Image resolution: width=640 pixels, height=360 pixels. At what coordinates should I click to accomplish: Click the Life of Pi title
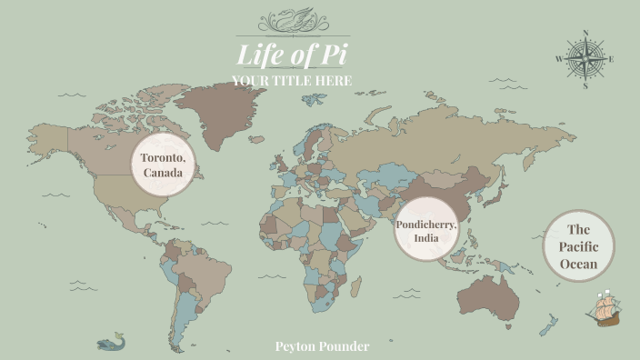click(x=292, y=55)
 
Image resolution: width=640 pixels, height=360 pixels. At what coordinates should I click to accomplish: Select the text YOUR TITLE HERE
click(x=292, y=82)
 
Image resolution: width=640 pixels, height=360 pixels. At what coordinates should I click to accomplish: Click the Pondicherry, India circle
click(x=426, y=230)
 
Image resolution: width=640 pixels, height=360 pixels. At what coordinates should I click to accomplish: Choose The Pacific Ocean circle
click(x=579, y=246)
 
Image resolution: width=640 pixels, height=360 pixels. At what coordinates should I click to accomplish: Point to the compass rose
click(x=585, y=60)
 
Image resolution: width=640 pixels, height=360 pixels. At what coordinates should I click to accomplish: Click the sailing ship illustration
click(x=603, y=310)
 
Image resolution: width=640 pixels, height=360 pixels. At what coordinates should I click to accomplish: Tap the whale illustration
click(x=111, y=342)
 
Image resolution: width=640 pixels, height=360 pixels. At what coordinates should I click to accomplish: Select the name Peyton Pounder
click(x=322, y=346)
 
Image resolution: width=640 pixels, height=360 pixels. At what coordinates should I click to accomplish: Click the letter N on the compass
click(x=585, y=34)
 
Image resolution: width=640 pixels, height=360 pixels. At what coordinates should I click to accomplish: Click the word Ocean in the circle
click(x=579, y=265)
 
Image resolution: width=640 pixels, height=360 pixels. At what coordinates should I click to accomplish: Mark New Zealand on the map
click(x=548, y=325)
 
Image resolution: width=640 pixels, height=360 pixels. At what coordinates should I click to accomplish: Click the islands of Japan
click(x=497, y=194)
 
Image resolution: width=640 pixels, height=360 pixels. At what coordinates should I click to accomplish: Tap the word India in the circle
click(x=426, y=238)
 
